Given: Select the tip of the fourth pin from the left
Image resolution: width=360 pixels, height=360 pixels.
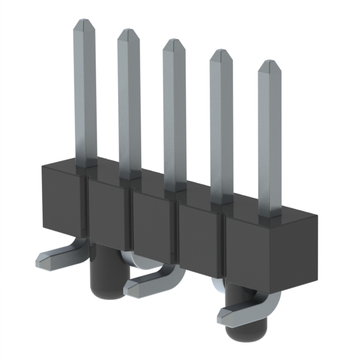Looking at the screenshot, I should click(x=221, y=53).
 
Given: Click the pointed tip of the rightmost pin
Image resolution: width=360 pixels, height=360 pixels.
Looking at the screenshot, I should click(x=269, y=64).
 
